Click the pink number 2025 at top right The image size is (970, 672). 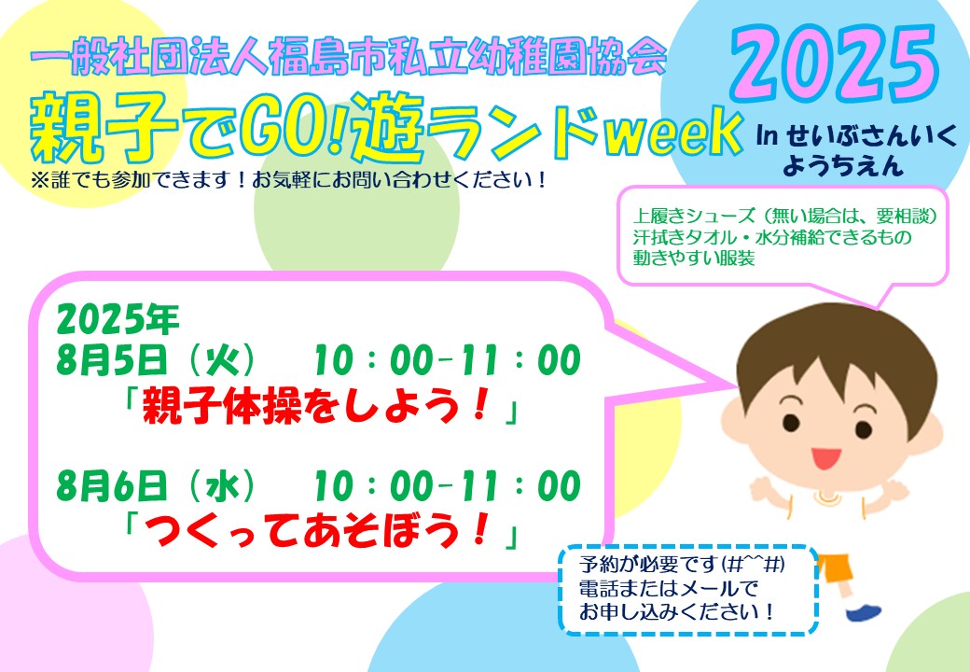pyautogui.click(x=835, y=64)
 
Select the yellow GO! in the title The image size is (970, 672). pyautogui.click(x=296, y=130)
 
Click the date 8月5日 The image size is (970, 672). pyautogui.click(x=112, y=361)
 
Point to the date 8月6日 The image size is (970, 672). pyautogui.click(x=112, y=485)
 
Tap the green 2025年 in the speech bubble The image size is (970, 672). pyautogui.click(x=118, y=319)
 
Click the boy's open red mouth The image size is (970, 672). pyautogui.click(x=825, y=458)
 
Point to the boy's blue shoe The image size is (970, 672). pyautogui.click(x=864, y=612)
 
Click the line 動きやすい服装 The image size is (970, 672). pyautogui.click(x=694, y=258)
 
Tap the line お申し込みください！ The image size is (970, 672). pyautogui.click(x=677, y=612)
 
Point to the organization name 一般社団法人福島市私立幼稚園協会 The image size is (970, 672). pyautogui.click(x=348, y=57)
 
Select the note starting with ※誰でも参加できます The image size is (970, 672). pyautogui.click(x=288, y=180)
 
